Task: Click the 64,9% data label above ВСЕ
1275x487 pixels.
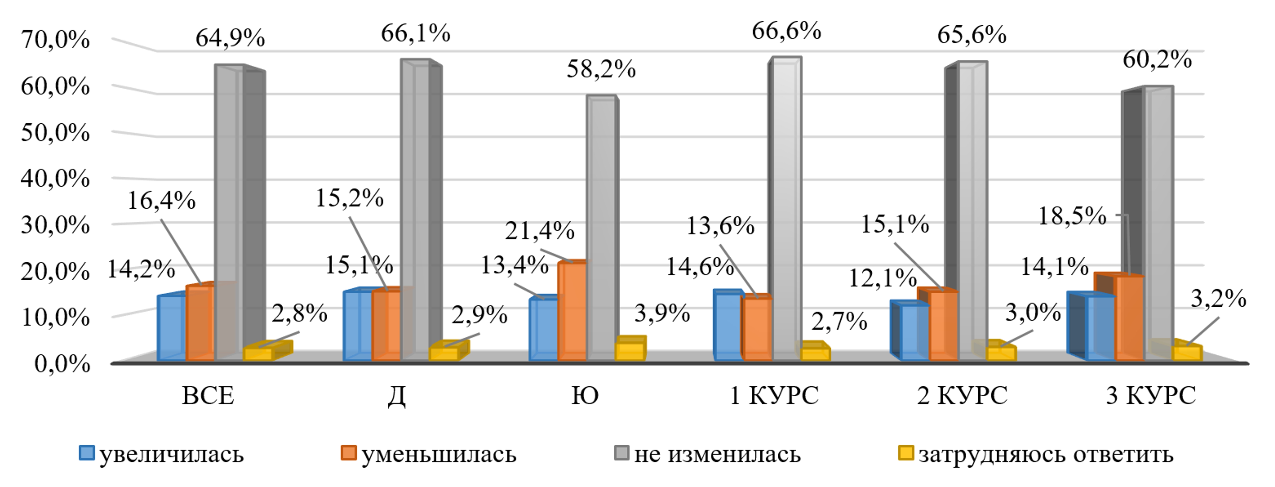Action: tap(230, 38)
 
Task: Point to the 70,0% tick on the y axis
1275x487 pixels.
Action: tap(55, 40)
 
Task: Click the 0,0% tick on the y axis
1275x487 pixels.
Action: tap(62, 364)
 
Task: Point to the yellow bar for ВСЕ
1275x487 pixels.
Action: tap(258, 353)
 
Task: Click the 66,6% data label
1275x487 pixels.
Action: tap(786, 31)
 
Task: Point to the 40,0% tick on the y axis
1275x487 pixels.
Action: tap(55, 179)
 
